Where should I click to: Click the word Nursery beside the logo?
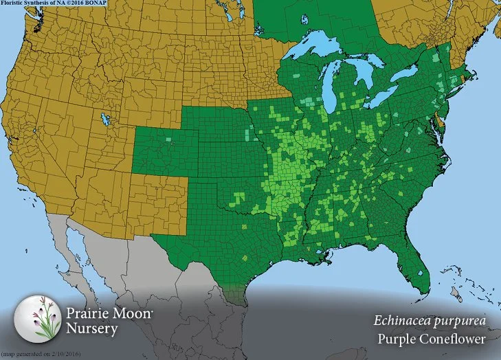[x=92, y=328]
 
